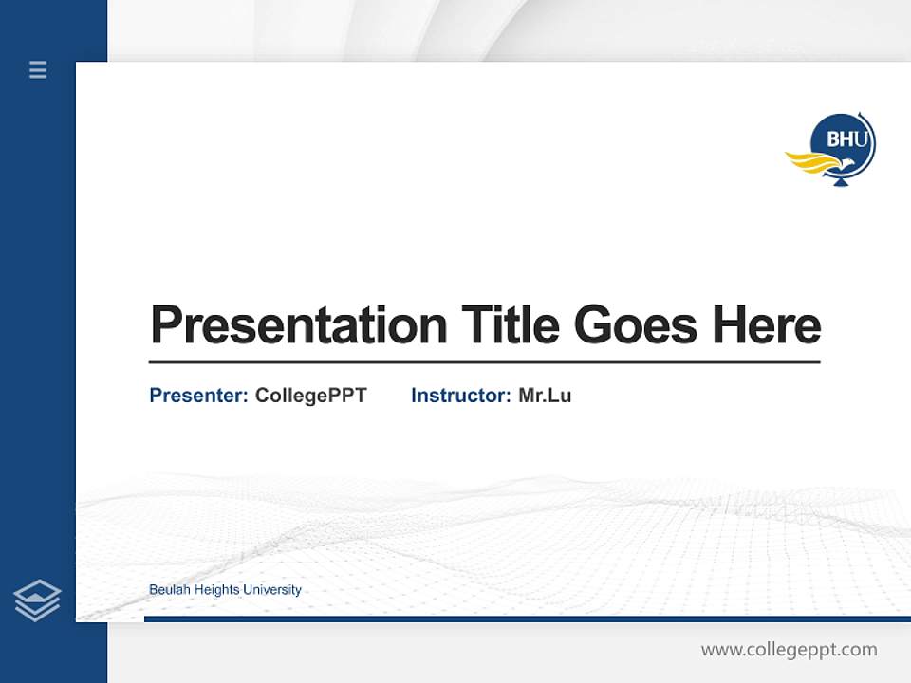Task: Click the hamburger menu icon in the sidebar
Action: pyautogui.click(x=38, y=69)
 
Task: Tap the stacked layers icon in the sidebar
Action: pyautogui.click(x=37, y=600)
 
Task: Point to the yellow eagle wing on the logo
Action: pyautogui.click(x=808, y=162)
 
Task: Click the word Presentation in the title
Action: pyautogui.click(x=298, y=325)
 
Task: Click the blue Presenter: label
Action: pyautogui.click(x=198, y=396)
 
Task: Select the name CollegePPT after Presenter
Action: pyautogui.click(x=310, y=396)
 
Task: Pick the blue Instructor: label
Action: pyautogui.click(x=461, y=396)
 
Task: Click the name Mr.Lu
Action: pyautogui.click(x=545, y=396)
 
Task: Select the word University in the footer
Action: pyautogui.click(x=271, y=590)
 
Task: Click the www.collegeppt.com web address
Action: pyautogui.click(x=789, y=650)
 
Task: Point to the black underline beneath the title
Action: pyautogui.click(x=484, y=362)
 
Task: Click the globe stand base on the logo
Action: pyautogui.click(x=839, y=181)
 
